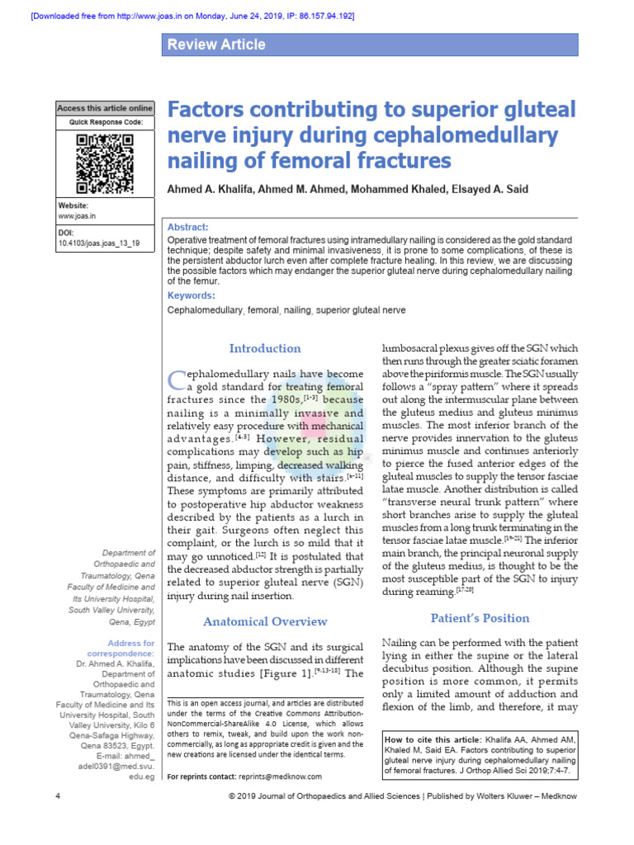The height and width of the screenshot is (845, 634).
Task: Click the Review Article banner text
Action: [x=216, y=45]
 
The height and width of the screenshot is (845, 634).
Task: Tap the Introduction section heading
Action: [x=265, y=348]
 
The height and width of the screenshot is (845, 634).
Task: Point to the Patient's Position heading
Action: [x=480, y=618]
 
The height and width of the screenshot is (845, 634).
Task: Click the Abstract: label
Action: [x=188, y=228]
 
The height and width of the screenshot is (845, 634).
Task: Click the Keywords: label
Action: [x=191, y=295]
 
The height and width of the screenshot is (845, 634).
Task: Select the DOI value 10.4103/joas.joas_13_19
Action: [x=99, y=244]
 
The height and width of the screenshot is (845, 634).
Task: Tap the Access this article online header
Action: [x=105, y=108]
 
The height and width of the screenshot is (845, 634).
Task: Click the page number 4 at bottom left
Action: [x=58, y=795]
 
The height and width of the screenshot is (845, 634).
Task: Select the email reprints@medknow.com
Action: [x=280, y=777]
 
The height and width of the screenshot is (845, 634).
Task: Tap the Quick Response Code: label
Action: [x=105, y=123]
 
